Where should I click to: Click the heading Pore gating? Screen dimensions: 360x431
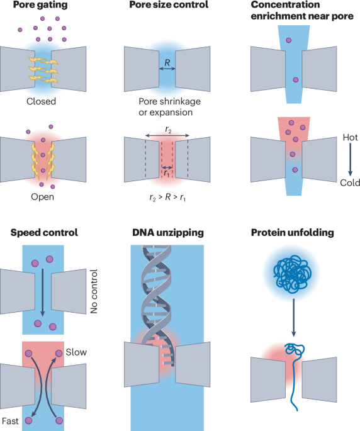(x=40, y=5)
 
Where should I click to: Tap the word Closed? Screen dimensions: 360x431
(x=42, y=101)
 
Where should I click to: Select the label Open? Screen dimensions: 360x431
(x=42, y=197)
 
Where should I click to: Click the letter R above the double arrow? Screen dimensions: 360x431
(x=167, y=63)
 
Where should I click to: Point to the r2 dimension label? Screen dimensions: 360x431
(x=168, y=130)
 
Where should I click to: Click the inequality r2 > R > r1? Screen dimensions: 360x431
(x=167, y=198)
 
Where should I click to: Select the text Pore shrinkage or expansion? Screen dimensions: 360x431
(x=169, y=107)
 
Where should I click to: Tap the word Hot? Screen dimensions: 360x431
(x=350, y=137)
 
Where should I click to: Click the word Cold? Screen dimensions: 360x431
(x=350, y=183)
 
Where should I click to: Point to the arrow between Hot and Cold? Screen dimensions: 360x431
(x=350, y=160)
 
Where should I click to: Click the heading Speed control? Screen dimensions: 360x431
(x=44, y=233)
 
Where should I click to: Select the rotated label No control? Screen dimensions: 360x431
(x=94, y=291)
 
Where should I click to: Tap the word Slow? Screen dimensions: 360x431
(x=76, y=352)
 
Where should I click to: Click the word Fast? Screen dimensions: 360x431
(x=10, y=421)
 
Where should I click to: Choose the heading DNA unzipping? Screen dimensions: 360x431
(x=168, y=233)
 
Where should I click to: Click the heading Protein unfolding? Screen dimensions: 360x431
(x=293, y=233)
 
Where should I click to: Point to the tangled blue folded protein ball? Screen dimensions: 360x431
(x=293, y=274)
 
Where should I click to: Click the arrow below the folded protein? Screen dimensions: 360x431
(x=293, y=318)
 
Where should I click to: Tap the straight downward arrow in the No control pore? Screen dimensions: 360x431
(x=42, y=293)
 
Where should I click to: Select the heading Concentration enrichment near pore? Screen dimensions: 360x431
(x=302, y=11)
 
